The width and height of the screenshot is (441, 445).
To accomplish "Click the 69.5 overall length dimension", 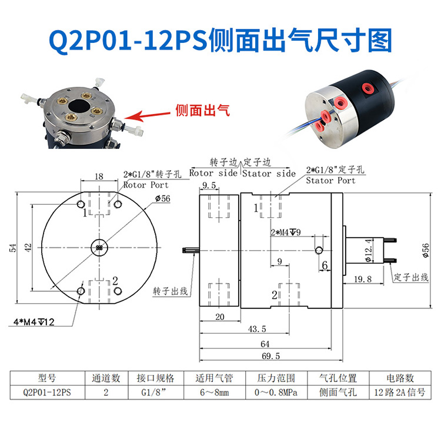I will (272, 356).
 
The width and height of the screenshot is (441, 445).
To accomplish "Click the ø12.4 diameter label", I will (369, 250).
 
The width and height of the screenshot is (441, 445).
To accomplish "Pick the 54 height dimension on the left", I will (12, 248).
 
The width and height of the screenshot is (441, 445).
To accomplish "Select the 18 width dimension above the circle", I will (99, 176).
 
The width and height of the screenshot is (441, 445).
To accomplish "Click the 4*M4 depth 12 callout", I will (34, 322).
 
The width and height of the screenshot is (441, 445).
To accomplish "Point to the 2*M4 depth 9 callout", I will (285, 232).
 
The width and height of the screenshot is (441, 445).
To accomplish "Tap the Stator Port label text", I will (330, 180).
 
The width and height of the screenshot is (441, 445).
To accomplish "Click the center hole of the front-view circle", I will (99, 248).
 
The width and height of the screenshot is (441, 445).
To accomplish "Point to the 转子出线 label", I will (171, 291).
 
